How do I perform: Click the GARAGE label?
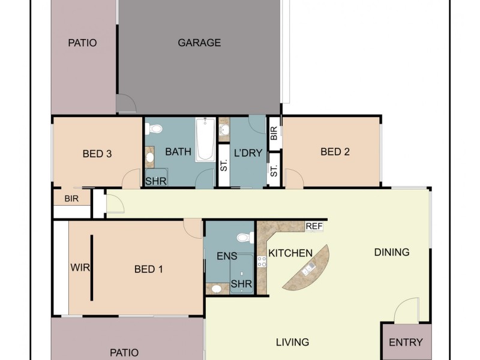click(x=199, y=43)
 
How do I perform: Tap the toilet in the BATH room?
click(x=155, y=128)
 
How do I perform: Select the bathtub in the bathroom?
click(x=205, y=139)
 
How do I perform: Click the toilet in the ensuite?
click(x=243, y=237)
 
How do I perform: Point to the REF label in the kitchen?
click(x=314, y=226)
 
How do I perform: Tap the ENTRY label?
click(x=406, y=343)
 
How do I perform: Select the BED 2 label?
click(x=335, y=152)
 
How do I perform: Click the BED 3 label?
click(x=97, y=154)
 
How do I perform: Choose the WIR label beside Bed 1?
click(x=80, y=268)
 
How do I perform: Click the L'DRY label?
click(x=248, y=153)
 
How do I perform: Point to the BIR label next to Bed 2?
click(x=274, y=134)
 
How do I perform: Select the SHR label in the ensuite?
click(x=241, y=284)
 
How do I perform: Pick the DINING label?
click(x=391, y=252)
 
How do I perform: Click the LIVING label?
click(x=292, y=342)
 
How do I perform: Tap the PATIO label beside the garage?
click(x=82, y=43)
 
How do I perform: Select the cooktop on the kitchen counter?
click(x=262, y=261)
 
